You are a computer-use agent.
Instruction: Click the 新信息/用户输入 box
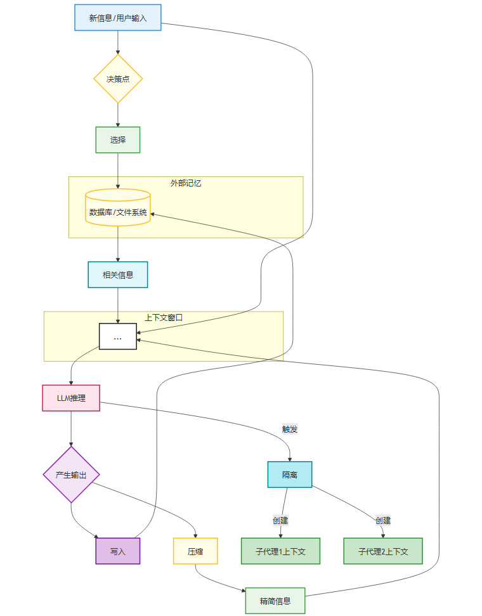pyautogui.click(x=118, y=18)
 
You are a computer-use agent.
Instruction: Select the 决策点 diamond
pyautogui.click(x=118, y=79)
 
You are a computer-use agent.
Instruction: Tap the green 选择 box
pyautogui.click(x=118, y=140)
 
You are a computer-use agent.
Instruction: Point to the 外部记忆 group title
pyautogui.click(x=186, y=183)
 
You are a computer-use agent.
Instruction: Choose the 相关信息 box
pyautogui.click(x=118, y=275)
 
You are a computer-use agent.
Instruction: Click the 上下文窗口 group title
pyautogui.click(x=164, y=317)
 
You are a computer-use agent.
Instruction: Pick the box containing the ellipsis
pyautogui.click(x=118, y=336)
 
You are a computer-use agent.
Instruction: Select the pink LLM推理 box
pyautogui.click(x=71, y=398)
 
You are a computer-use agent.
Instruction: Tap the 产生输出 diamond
pyautogui.click(x=71, y=475)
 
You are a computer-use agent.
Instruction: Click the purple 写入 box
pyautogui.click(x=118, y=551)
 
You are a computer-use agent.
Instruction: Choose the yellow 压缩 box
pyautogui.click(x=195, y=551)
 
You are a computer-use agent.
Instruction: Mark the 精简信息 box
pyautogui.click(x=275, y=600)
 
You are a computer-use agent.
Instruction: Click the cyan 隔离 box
pyautogui.click(x=290, y=475)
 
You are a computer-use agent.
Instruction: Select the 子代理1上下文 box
pyautogui.click(x=280, y=551)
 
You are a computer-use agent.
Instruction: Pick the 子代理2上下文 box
pyautogui.click(x=383, y=551)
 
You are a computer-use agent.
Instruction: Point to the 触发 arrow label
pyautogui.click(x=290, y=429)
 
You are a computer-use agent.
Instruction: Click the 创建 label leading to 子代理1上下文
pyautogui.click(x=280, y=520)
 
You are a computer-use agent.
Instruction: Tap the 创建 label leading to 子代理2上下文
pyautogui.click(x=383, y=520)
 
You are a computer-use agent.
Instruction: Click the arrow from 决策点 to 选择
pyautogui.click(x=118, y=115)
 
